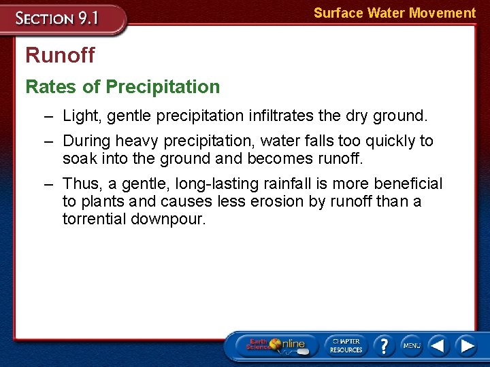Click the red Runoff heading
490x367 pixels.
tap(60, 55)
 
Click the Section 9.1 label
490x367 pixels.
tap(59, 18)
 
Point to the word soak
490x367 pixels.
tap(79, 159)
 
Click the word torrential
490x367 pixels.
tap(97, 220)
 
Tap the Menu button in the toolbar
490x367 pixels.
tap(412, 345)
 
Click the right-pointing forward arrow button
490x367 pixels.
tap(468, 345)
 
